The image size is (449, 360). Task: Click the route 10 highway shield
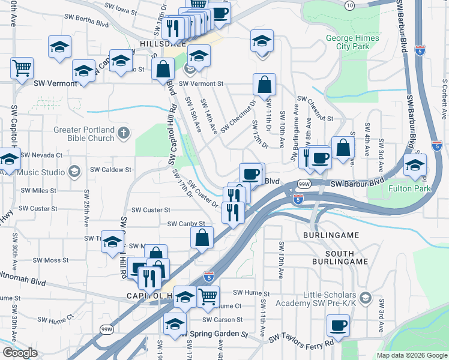click(349, 5)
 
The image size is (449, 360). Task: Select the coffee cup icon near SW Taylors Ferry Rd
click(338, 325)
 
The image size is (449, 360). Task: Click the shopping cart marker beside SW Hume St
click(208, 296)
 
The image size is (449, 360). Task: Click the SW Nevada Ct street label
click(42, 155)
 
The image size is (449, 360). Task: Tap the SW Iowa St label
click(121, 7)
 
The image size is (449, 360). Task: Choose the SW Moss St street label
click(51, 260)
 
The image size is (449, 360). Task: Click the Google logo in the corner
click(20, 353)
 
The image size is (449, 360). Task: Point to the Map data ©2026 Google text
click(411, 355)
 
